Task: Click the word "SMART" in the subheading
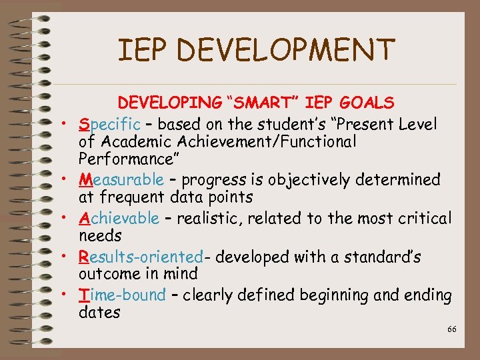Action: pyautogui.click(x=263, y=103)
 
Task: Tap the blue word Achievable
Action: pyautogui.click(x=119, y=218)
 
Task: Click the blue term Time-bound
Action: pyautogui.click(x=122, y=295)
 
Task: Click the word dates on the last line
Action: pyautogui.click(x=99, y=312)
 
